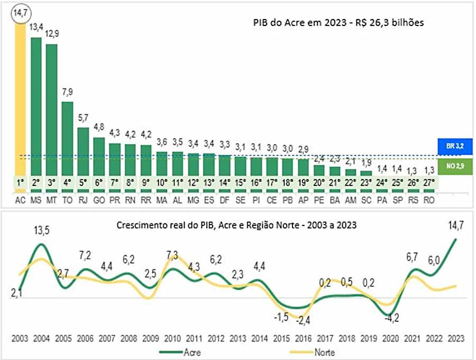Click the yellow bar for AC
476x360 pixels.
(x=20, y=101)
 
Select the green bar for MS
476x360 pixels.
(x=36, y=106)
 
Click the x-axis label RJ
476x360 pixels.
(x=83, y=202)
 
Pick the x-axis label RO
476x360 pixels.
(x=429, y=202)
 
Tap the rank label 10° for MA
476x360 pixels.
(x=162, y=182)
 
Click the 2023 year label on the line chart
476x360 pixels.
(x=455, y=338)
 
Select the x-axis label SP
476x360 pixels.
(x=398, y=202)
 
